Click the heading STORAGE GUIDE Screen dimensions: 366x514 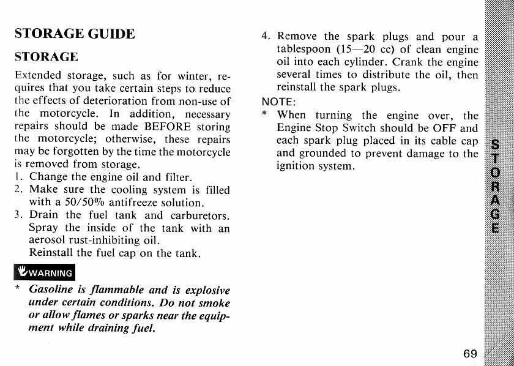pos(74,33)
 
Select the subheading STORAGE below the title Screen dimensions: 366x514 pos(46,57)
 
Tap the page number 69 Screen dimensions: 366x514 pos(470,354)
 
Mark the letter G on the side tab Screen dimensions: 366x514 pos(495,215)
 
